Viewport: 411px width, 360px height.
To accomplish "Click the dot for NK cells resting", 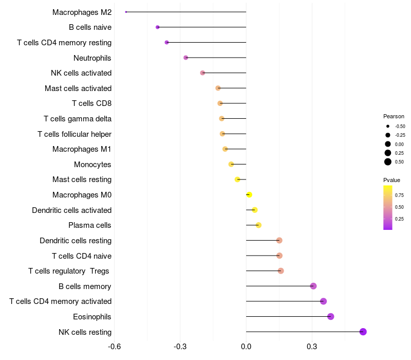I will point(363,332).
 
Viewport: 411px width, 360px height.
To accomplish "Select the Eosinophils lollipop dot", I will point(331,316).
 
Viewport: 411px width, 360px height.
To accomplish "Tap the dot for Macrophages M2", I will point(126,12).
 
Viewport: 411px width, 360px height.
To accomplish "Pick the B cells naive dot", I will point(158,27).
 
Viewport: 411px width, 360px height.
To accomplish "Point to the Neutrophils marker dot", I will point(186,58).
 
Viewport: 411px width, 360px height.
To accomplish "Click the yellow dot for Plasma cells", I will point(258,225).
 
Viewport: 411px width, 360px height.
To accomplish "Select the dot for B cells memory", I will point(313,286).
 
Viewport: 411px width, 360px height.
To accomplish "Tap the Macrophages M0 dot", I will point(249,195).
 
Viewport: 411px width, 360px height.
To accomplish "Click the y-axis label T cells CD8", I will point(91,103).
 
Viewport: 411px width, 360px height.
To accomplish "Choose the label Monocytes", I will point(92,165).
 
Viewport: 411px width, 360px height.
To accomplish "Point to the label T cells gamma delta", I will point(78,119).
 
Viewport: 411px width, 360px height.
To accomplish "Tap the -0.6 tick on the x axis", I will point(115,347).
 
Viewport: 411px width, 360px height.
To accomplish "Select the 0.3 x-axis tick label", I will point(311,347).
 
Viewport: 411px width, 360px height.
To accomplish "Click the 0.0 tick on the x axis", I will point(246,347).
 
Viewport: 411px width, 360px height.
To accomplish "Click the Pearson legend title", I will point(394,116).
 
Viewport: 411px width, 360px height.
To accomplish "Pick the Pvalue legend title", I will point(391,180).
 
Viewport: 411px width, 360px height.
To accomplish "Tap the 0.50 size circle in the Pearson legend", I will point(388,162).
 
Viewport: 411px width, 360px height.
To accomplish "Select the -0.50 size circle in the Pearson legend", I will point(388,126).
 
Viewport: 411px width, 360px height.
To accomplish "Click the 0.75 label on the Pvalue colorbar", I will point(399,195).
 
